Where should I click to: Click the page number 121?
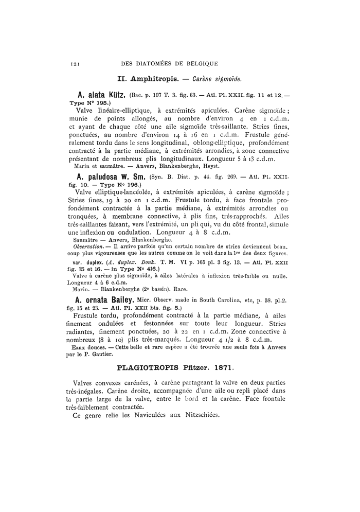point(74,64)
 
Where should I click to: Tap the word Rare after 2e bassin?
point(181,289)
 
